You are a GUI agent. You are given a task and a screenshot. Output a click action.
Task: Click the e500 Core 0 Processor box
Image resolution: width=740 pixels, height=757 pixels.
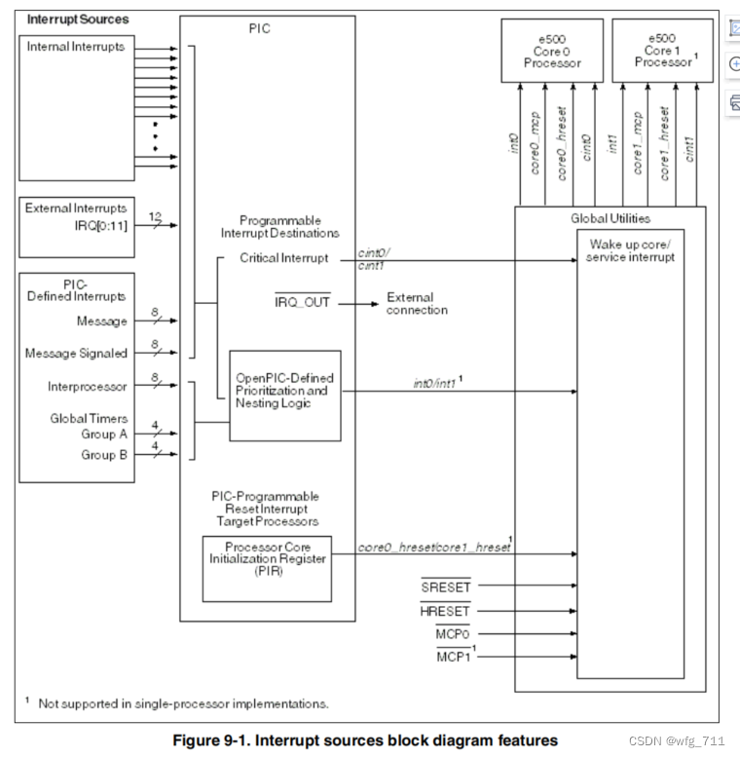551,51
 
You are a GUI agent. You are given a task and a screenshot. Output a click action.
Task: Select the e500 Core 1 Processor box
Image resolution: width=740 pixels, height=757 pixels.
662,51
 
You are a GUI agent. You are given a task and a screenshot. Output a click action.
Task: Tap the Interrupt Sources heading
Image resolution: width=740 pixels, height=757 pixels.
77,19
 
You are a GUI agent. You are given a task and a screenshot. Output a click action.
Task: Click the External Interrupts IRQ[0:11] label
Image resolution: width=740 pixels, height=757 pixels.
75,216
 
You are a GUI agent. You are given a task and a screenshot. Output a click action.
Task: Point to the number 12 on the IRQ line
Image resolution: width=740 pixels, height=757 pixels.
156,215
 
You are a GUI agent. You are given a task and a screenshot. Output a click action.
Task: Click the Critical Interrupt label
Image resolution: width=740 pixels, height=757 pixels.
283,258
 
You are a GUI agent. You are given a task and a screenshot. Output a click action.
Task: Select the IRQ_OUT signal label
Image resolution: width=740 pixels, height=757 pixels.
302,303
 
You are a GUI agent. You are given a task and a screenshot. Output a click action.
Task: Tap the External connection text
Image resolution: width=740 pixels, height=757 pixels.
417,303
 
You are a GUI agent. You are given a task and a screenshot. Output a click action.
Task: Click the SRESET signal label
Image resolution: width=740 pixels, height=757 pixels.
445,587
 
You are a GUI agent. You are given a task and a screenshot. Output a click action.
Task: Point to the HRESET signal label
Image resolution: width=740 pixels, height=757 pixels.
445,611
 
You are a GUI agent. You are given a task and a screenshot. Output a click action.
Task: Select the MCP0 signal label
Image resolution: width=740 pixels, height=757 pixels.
452,634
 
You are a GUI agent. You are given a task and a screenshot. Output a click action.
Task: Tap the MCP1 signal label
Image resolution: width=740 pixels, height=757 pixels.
453,657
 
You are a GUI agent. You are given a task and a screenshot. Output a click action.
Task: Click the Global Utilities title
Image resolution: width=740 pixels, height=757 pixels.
610,218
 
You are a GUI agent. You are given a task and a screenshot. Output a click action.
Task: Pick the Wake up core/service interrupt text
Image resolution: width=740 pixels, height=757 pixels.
630,249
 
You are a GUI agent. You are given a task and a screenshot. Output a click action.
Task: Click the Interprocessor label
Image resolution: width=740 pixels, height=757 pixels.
87,386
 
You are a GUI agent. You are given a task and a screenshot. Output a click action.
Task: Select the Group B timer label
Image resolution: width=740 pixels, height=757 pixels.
104,453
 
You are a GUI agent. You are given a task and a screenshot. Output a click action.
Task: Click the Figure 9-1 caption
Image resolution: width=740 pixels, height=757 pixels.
365,739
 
